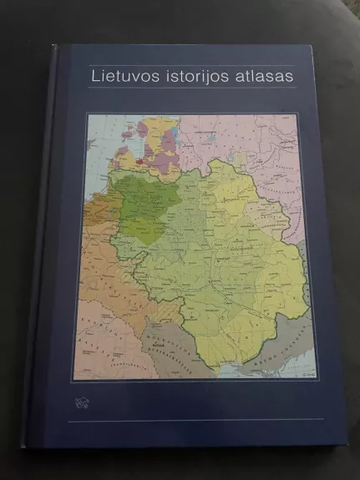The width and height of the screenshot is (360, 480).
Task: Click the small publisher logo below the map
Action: tap(82, 404)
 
